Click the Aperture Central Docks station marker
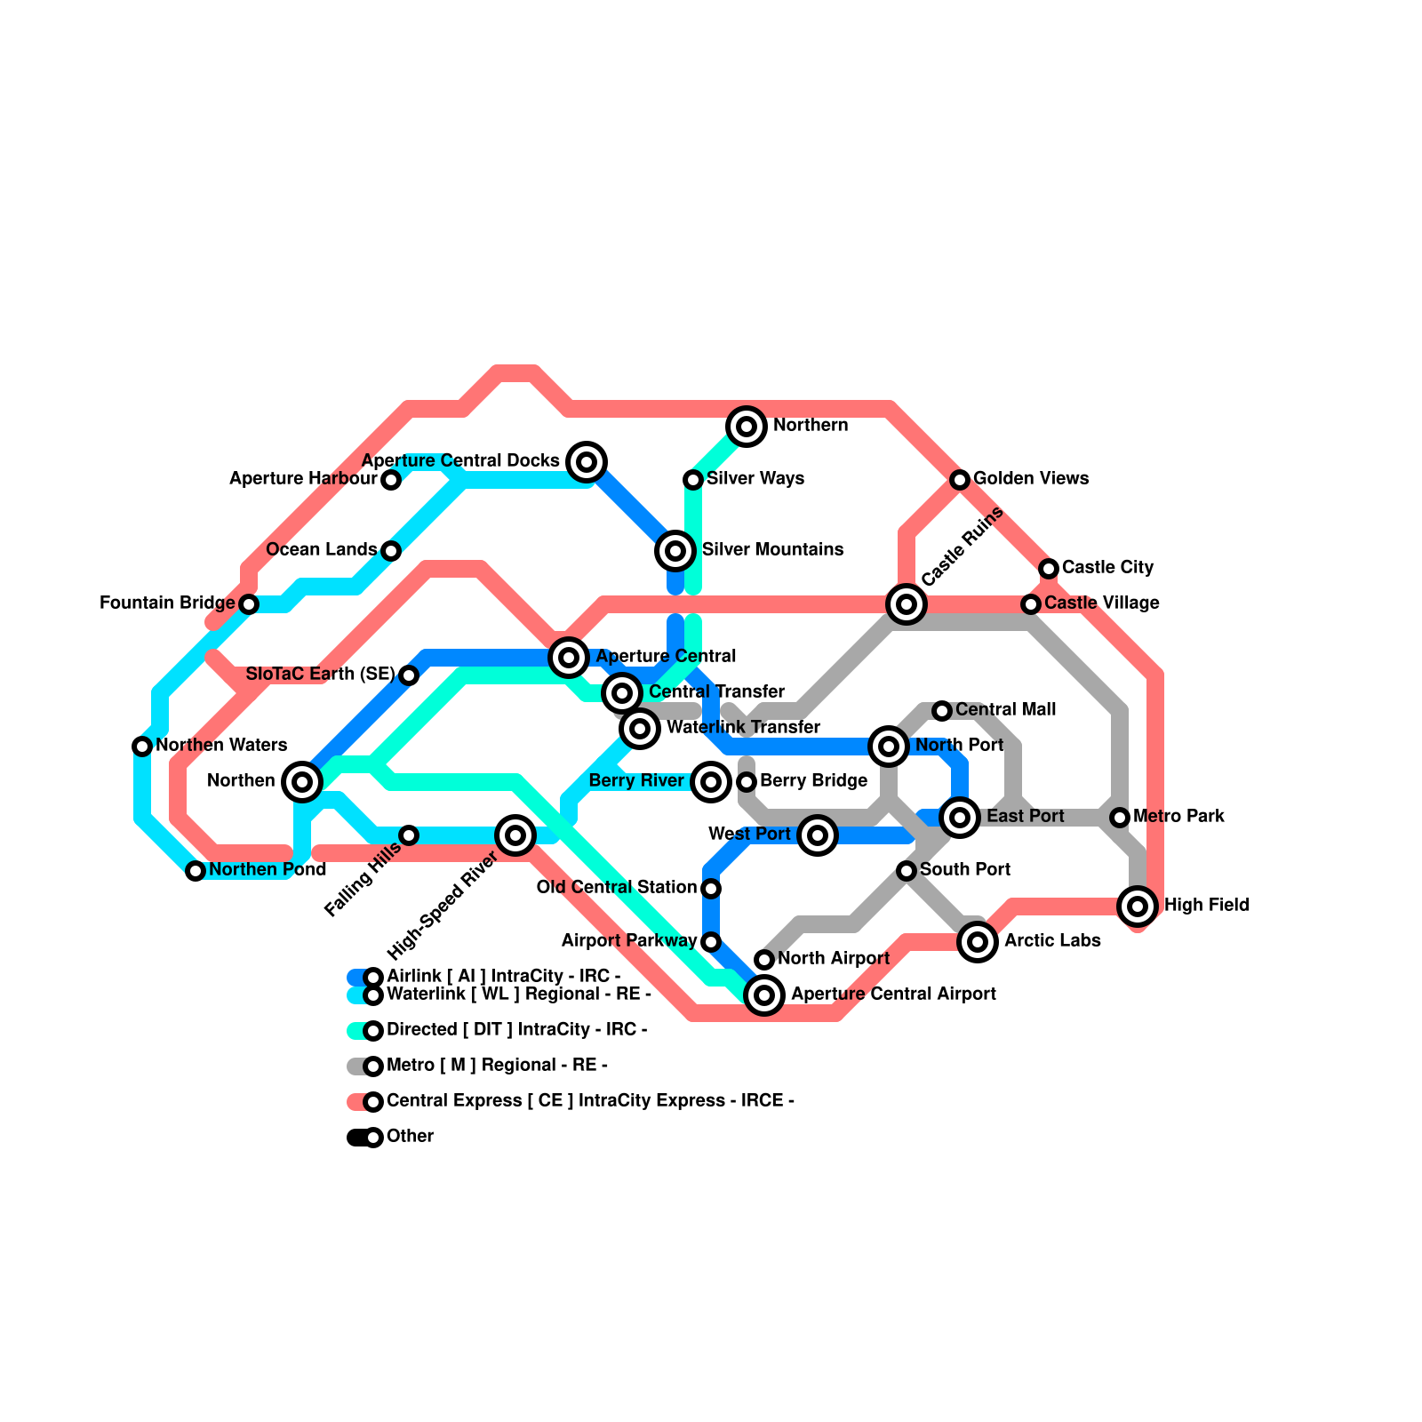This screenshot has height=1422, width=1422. (587, 461)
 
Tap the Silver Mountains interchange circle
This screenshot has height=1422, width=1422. (675, 551)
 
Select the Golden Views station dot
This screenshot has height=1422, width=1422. (960, 480)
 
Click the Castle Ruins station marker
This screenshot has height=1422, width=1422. (907, 604)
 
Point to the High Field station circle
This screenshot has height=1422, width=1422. (1138, 907)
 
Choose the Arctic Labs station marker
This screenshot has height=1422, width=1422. (978, 942)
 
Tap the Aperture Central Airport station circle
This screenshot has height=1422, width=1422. (764, 995)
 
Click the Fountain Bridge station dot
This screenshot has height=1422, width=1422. (249, 604)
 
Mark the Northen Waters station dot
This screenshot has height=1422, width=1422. (142, 747)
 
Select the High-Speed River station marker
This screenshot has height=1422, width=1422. (515, 835)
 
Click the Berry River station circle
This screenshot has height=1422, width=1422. (711, 782)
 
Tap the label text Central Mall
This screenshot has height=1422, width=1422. (1005, 710)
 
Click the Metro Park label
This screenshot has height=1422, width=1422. (1178, 817)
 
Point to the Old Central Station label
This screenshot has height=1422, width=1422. (617, 888)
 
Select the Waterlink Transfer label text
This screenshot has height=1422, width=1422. (743, 728)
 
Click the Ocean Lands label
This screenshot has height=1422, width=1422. (322, 550)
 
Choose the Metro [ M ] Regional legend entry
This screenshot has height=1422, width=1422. (497, 1066)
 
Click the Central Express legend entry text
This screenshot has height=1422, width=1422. (590, 1101)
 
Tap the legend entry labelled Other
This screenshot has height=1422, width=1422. (410, 1137)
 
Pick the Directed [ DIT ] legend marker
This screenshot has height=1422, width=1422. (373, 1031)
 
